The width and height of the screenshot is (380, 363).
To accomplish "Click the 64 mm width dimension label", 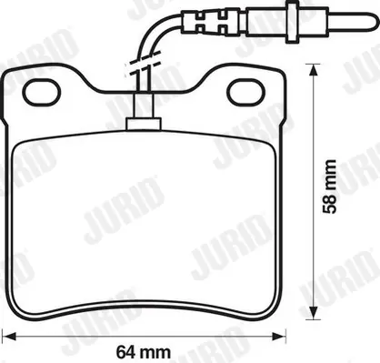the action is (144, 352).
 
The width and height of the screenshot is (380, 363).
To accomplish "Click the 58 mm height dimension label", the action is (329, 187).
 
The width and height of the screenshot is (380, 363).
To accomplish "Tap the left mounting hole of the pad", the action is (42, 92).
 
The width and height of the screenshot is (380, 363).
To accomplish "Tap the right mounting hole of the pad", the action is (246, 92).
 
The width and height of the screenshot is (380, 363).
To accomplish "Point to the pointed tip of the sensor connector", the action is (377, 22).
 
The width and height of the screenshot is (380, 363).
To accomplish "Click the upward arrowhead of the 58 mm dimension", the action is (313, 69).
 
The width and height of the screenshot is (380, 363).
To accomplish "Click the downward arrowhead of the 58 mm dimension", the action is (313, 313).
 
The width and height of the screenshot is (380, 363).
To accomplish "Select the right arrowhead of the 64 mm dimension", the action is (279, 336).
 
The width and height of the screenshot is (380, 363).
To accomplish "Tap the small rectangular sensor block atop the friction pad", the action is (144, 124).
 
